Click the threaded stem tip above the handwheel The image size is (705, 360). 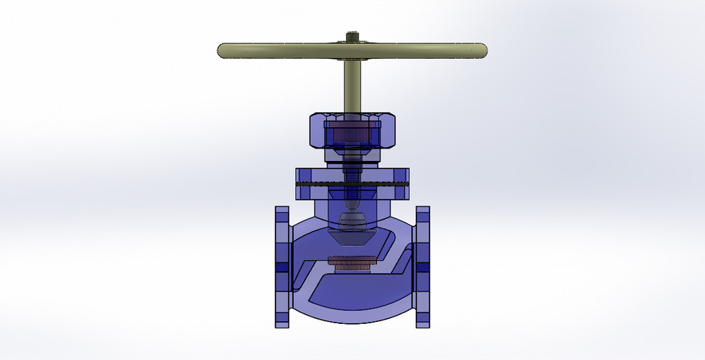(352, 35)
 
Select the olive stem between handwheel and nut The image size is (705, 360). (352, 84)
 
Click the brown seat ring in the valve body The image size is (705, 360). (352, 262)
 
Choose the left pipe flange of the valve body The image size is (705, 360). (282, 266)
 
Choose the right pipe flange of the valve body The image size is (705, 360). (422, 266)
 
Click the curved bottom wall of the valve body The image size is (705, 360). (352, 320)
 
